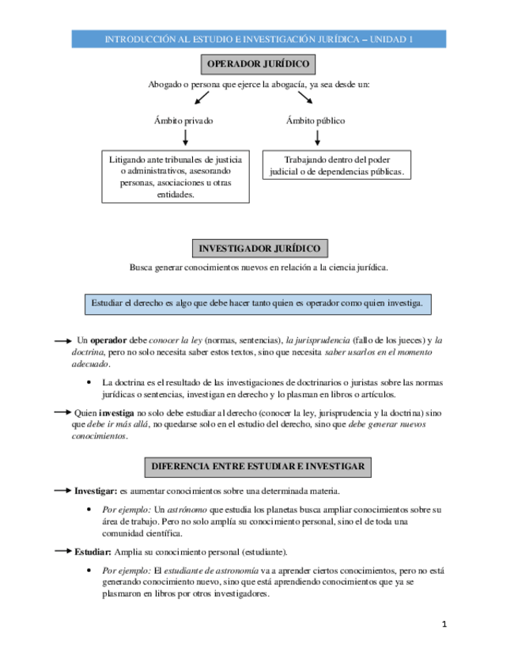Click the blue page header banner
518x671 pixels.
(x=259, y=39)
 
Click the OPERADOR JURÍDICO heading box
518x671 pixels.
(x=259, y=65)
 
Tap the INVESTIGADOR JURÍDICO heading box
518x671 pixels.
(x=259, y=248)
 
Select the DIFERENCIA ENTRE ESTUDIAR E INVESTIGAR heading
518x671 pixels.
(x=259, y=467)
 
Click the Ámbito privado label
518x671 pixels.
(x=183, y=121)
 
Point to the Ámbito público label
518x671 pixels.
(x=316, y=121)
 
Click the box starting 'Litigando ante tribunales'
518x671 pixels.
(x=176, y=176)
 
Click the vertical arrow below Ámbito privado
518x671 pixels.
(x=185, y=138)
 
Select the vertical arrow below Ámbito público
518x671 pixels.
(x=317, y=138)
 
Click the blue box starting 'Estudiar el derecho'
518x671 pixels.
(x=258, y=303)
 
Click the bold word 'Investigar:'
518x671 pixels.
(x=96, y=491)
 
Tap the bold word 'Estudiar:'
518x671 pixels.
(x=93, y=552)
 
